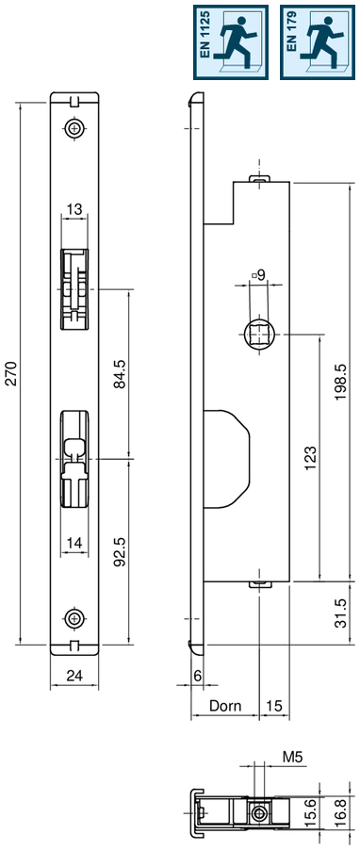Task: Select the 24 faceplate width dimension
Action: tap(74, 674)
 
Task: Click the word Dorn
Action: tap(225, 704)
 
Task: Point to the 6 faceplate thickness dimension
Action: tap(197, 676)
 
